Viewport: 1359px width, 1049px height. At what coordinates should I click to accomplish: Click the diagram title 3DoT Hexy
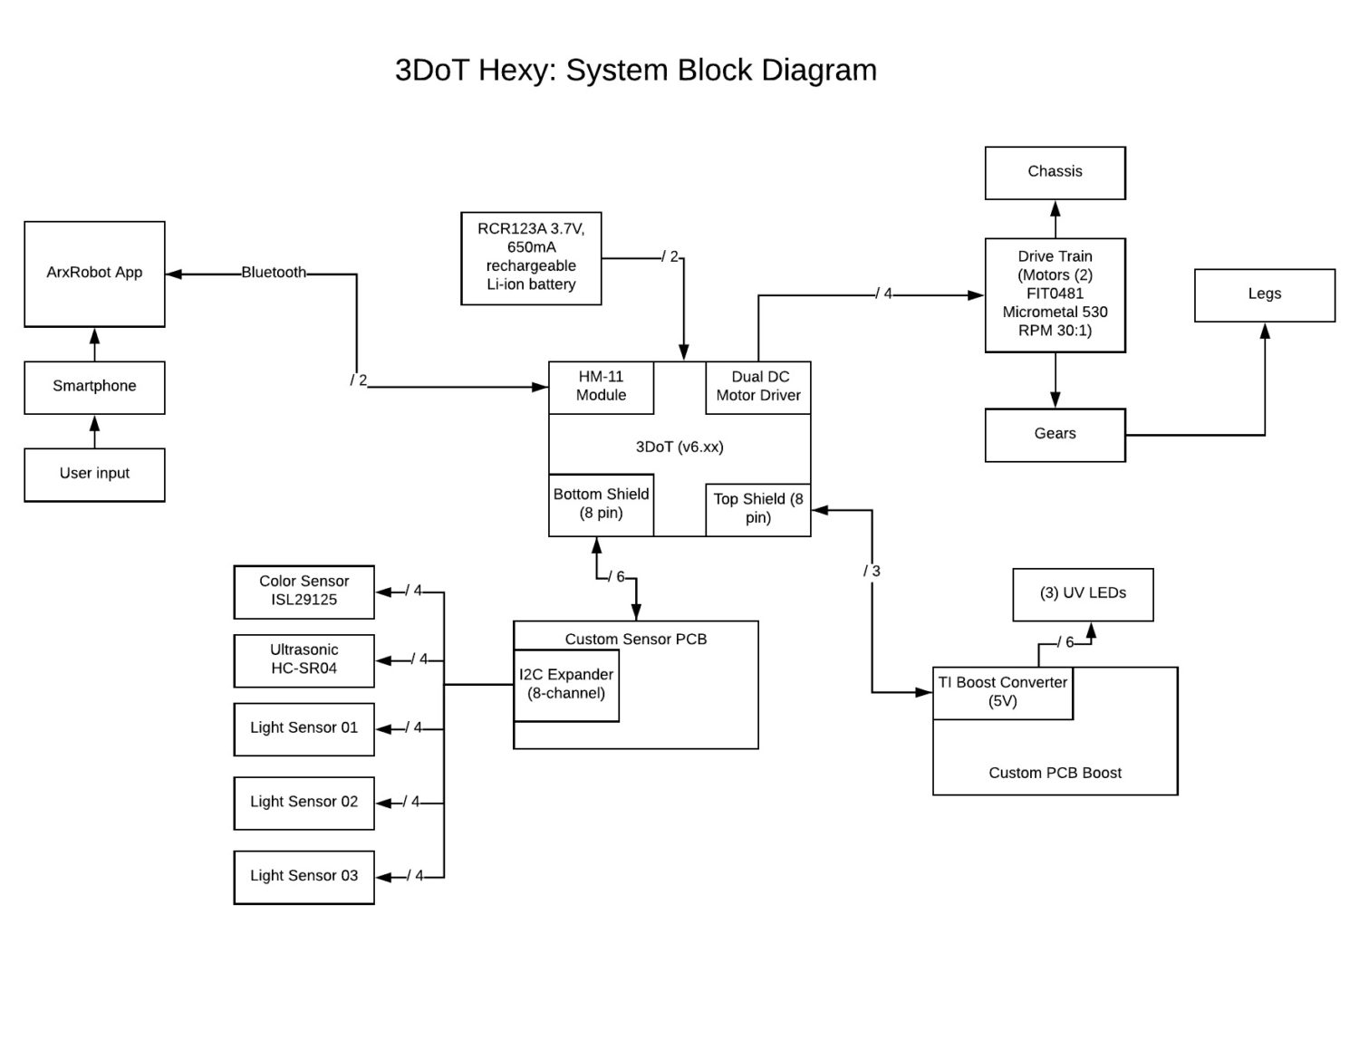[x=635, y=70]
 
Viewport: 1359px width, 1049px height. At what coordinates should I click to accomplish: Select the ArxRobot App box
[x=94, y=274]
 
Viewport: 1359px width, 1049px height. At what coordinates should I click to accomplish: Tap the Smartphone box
[x=94, y=387]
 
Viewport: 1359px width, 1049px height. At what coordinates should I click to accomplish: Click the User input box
[x=94, y=474]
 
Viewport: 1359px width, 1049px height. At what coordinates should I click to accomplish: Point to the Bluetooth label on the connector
[x=273, y=273]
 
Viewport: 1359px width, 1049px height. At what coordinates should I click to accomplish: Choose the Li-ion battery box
[x=531, y=258]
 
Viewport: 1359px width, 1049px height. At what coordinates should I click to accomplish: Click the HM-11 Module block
[x=601, y=387]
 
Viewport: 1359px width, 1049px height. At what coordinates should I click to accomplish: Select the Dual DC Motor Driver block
[x=758, y=387]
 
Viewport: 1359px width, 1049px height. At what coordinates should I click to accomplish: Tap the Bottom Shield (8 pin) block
[x=601, y=504]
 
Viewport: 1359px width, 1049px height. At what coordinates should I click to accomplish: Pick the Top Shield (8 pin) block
[x=758, y=509]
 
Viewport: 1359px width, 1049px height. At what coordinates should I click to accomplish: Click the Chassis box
[x=1055, y=172]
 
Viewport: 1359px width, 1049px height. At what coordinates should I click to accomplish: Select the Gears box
[x=1055, y=435]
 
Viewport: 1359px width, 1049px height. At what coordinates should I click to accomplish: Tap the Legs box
[x=1264, y=294]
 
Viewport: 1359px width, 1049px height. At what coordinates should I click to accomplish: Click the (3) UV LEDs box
[x=1083, y=594]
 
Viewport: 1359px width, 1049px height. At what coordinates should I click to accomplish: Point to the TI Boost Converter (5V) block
[x=1002, y=693]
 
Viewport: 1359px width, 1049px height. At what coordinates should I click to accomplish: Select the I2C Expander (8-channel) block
[x=566, y=685]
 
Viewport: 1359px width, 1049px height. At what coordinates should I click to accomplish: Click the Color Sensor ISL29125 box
[x=304, y=592]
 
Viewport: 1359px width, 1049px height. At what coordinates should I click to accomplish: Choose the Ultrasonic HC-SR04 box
[x=304, y=660]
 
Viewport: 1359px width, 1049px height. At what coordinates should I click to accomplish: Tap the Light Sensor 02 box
[x=304, y=803]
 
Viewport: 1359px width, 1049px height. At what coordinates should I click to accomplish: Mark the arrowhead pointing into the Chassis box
[x=1055, y=208]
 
